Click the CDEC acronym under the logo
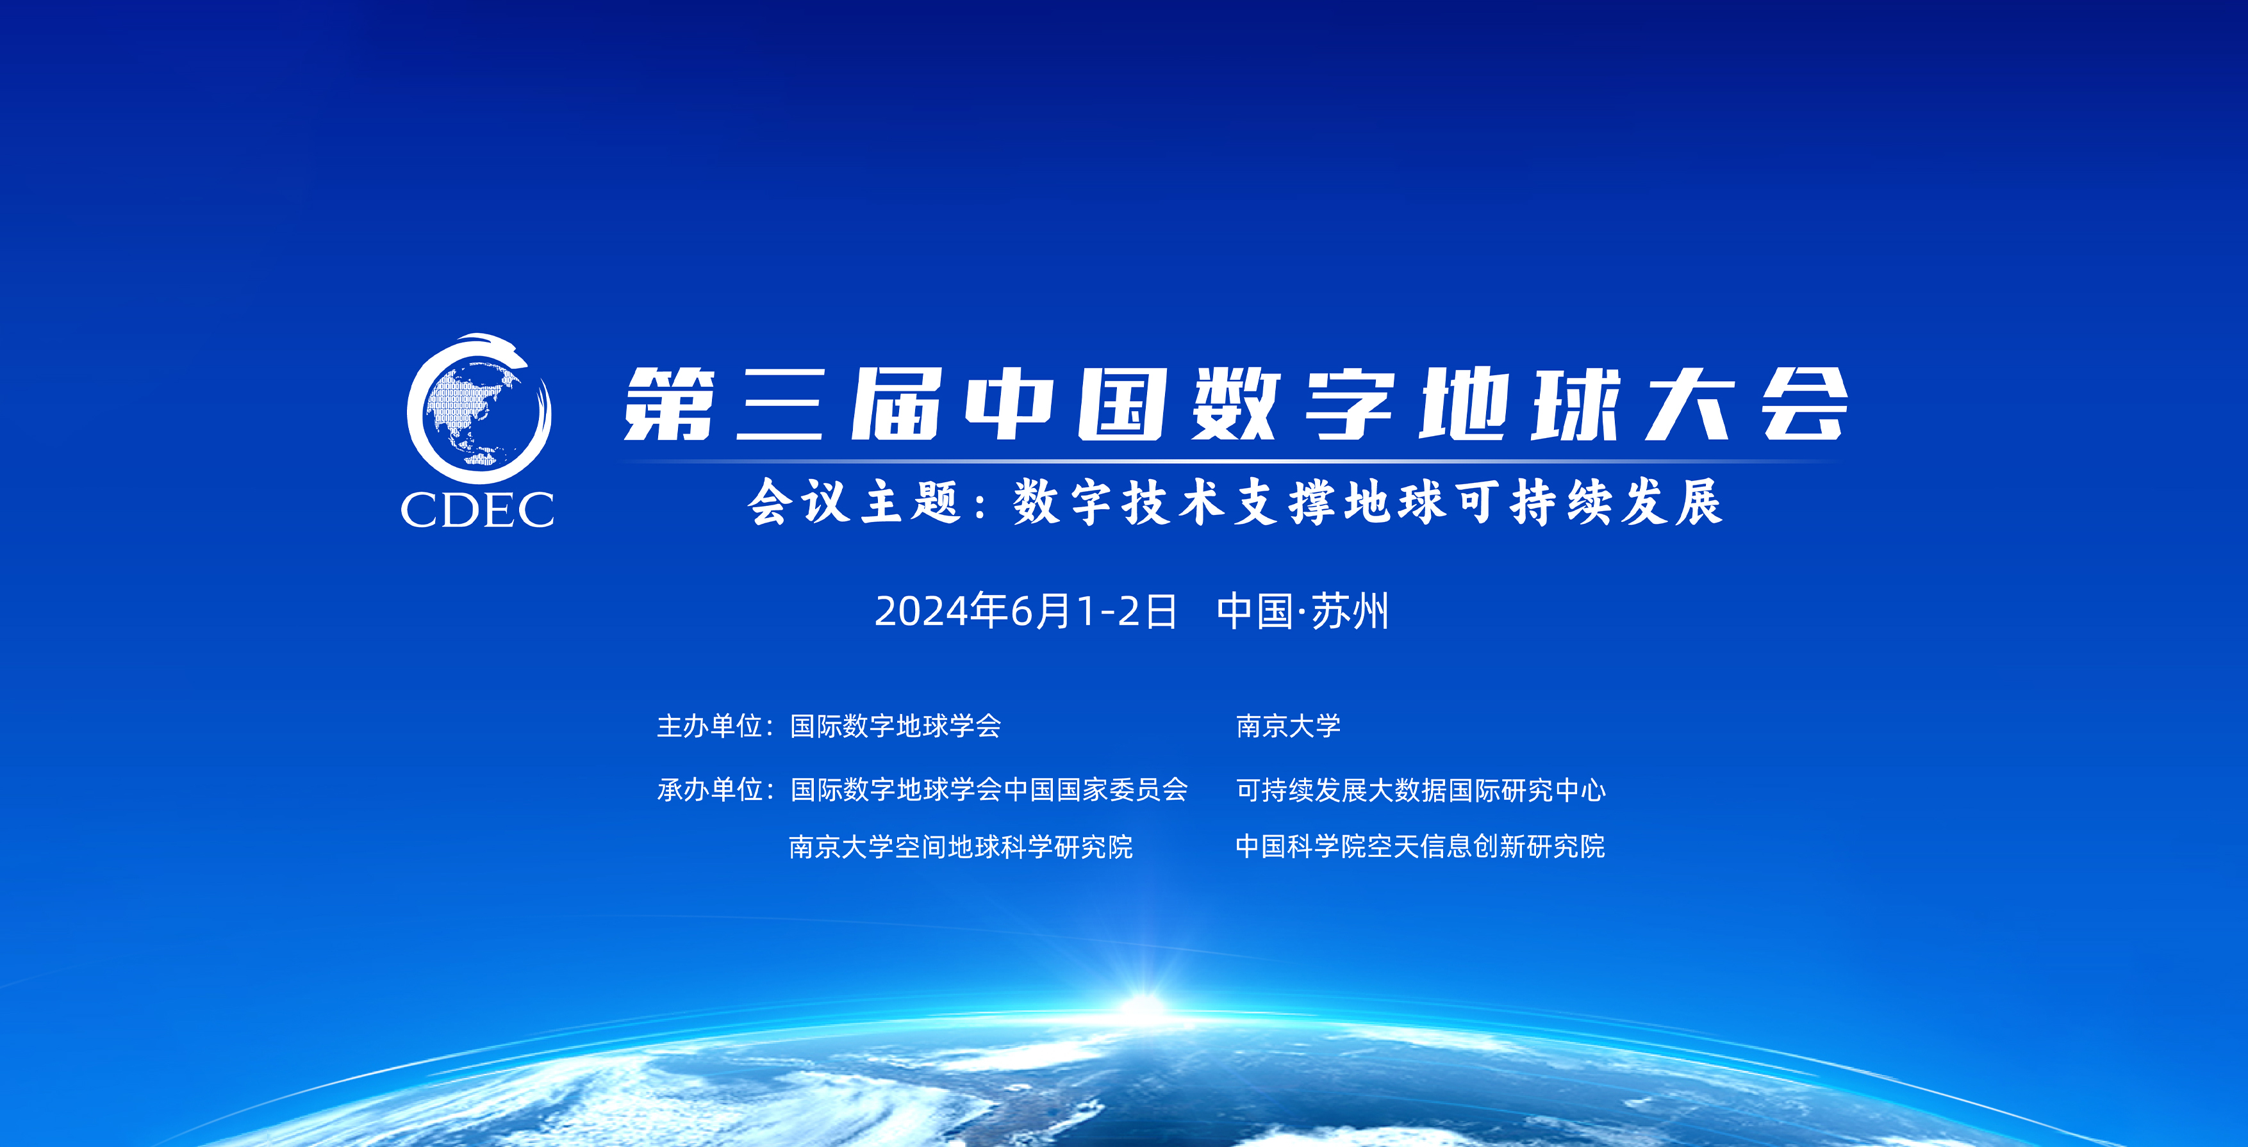[x=477, y=509]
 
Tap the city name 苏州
[x=1349, y=612]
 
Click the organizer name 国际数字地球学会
[x=895, y=726]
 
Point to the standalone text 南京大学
[x=1288, y=726]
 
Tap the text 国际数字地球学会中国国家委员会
[x=989, y=790]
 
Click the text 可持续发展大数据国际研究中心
[x=1421, y=790]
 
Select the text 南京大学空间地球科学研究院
[x=961, y=847]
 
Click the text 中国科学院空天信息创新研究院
[x=1420, y=846]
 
